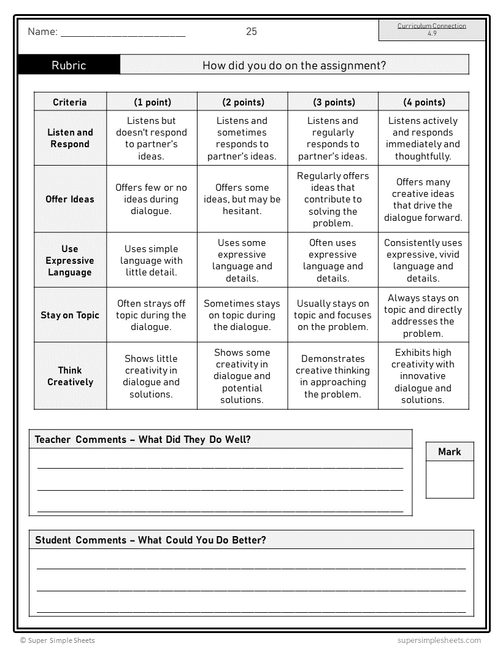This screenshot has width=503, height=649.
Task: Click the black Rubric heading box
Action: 69,65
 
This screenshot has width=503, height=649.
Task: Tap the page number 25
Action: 251,32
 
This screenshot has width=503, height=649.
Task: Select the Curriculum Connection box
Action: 431,29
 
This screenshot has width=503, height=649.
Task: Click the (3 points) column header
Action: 334,102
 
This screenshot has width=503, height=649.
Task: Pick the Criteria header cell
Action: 70,102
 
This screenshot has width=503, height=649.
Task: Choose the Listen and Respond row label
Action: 70,138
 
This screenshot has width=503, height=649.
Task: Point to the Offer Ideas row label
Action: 70,199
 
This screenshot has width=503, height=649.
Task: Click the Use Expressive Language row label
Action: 70,260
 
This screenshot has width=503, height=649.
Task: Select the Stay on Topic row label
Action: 70,315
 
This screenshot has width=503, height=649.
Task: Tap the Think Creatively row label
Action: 70,376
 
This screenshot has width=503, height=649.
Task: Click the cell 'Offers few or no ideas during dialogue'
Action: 152,199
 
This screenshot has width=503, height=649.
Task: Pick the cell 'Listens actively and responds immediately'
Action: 423,138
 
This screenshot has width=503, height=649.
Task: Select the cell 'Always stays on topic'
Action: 423,315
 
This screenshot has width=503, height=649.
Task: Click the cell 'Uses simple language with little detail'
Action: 152,260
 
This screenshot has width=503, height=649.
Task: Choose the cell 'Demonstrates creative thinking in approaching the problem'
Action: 334,376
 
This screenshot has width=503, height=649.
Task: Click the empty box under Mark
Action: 450,479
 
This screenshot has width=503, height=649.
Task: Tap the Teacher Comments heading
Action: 143,439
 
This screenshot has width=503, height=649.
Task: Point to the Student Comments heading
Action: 150,540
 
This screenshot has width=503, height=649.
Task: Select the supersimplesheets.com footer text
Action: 439,640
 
